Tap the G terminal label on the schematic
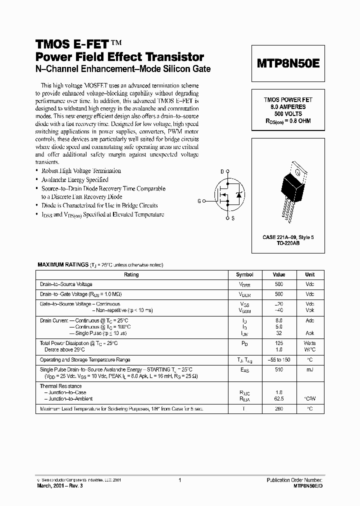[199, 201]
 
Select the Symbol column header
[244, 274]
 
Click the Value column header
[278, 274]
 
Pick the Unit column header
[309, 274]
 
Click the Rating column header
[131, 274]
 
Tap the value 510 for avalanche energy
[278, 369]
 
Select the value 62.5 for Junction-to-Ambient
[278, 399]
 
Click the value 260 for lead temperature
[278, 409]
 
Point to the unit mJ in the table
[309, 369]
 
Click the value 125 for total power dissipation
[278, 343]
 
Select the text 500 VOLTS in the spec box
[288, 113]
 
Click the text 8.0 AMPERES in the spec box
[288, 107]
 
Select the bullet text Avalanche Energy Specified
[74, 179]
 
